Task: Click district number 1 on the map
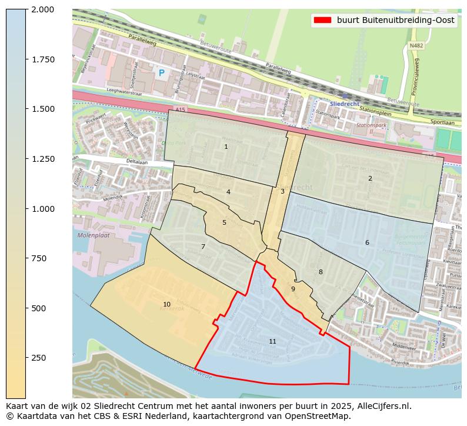click(226, 147)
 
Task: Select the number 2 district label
click(370, 178)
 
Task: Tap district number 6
click(367, 242)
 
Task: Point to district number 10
click(166, 304)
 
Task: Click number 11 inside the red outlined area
click(272, 341)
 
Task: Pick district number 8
click(321, 272)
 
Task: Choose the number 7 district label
click(203, 247)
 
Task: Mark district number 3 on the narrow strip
click(282, 191)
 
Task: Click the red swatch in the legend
click(322, 20)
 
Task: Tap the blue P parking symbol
click(161, 73)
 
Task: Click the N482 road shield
click(416, 45)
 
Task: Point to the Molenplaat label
click(93, 235)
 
